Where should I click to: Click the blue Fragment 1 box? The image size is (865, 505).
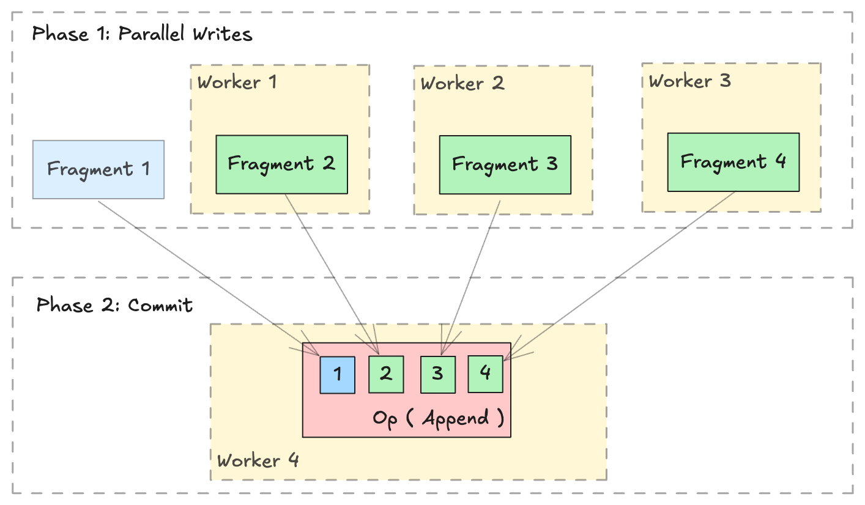click(98, 169)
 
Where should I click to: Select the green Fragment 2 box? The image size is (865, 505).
click(281, 164)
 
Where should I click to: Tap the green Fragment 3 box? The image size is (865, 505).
click(505, 165)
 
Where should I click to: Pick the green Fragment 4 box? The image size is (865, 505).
click(733, 162)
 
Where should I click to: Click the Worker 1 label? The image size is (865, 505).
click(237, 82)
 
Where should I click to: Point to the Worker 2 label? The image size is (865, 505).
click(462, 83)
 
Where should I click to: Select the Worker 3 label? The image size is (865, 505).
click(689, 81)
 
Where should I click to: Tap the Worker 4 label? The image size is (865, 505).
click(258, 460)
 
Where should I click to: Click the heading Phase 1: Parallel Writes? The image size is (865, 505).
click(142, 34)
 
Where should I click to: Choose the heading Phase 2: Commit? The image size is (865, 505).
click(114, 304)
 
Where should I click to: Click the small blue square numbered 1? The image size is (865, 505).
click(337, 374)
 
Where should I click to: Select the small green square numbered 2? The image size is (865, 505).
click(386, 374)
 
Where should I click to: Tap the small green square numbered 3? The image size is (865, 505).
click(437, 374)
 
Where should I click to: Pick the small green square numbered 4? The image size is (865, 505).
click(485, 373)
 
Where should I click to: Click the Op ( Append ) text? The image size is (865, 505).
click(438, 419)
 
